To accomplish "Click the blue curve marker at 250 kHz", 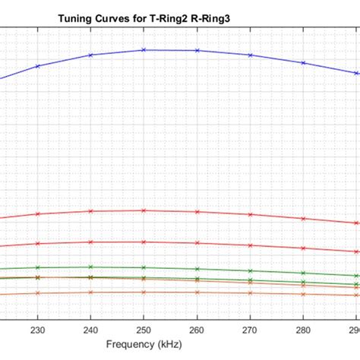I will click(x=144, y=50).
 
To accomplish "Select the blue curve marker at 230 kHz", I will click(x=37, y=66).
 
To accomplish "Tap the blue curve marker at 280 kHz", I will click(x=304, y=63).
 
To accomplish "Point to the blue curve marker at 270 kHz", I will click(x=251, y=55).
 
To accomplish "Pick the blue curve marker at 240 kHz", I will click(x=90, y=55).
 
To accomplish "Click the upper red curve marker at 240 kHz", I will click(x=90, y=211).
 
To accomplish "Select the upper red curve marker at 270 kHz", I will click(x=251, y=214).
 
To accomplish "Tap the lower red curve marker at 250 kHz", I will click(x=144, y=242).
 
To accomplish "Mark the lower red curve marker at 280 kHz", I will click(x=304, y=248).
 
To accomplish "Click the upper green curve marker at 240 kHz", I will click(x=90, y=267).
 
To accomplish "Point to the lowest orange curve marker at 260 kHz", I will click(x=197, y=292).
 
